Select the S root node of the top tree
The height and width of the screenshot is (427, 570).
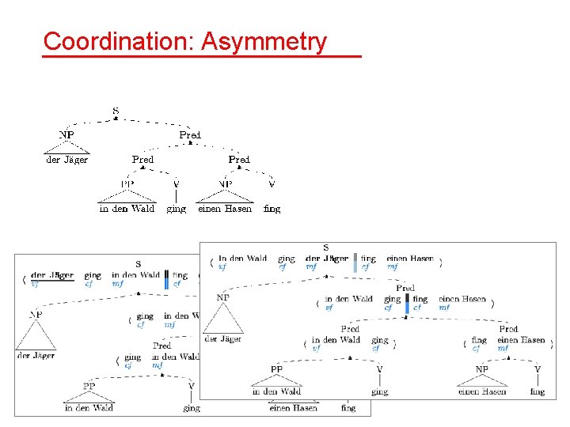tap(116, 111)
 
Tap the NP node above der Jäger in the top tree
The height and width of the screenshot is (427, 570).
tap(66, 135)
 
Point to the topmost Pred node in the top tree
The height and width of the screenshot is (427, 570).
tap(190, 135)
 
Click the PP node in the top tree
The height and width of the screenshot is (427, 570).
tap(127, 184)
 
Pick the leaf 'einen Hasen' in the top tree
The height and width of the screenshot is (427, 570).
tap(225, 209)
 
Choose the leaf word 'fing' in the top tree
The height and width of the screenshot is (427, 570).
tap(272, 209)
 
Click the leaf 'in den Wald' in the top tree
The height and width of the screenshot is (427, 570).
tap(127, 209)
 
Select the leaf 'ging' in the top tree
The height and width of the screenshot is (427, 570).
tap(176, 209)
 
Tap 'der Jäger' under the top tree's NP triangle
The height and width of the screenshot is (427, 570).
tap(66, 160)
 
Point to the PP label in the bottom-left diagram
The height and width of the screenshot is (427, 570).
tap(89, 386)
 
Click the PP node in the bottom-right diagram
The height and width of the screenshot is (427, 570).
tap(276, 368)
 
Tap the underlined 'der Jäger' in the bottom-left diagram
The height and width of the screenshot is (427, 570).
tap(52, 275)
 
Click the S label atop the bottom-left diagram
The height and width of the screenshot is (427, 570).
tap(138, 264)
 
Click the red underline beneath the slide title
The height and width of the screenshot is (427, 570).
tap(202, 57)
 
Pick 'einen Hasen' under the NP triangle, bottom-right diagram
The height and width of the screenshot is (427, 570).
tap(482, 391)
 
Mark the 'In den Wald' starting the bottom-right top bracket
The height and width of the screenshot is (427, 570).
tap(243, 259)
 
